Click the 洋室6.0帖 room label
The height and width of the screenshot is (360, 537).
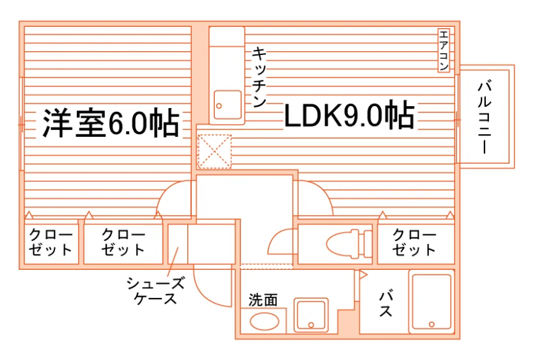111,123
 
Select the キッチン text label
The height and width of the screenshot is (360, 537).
260,77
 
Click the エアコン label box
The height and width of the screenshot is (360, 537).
444,51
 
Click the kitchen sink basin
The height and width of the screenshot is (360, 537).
228,105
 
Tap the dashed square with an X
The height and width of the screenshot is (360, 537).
215,152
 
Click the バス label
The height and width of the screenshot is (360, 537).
386,304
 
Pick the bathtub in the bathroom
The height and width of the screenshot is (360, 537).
432,301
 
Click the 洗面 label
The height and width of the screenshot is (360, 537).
263,300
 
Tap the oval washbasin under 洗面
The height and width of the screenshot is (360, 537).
265,322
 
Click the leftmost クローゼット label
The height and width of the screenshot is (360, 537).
51,242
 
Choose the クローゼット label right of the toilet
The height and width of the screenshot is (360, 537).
414,242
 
